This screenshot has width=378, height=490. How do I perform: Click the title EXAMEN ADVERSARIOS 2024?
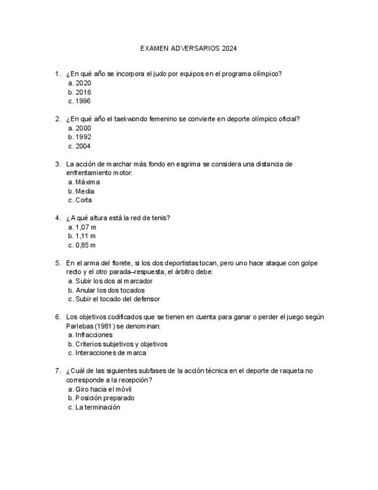[188, 49]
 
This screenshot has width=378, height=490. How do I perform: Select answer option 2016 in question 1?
[83, 92]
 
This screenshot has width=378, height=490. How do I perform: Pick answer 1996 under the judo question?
[83, 101]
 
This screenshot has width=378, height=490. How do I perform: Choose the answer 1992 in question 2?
[83, 137]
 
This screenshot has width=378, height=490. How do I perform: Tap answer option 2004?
[83, 146]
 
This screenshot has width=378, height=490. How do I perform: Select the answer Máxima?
[87, 182]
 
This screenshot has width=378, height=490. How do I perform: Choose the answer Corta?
[84, 201]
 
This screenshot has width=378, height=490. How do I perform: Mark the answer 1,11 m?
[85, 236]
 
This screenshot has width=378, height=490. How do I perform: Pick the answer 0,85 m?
[85, 245]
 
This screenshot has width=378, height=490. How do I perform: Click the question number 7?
[57, 371]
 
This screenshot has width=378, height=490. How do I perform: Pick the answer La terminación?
[98, 407]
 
